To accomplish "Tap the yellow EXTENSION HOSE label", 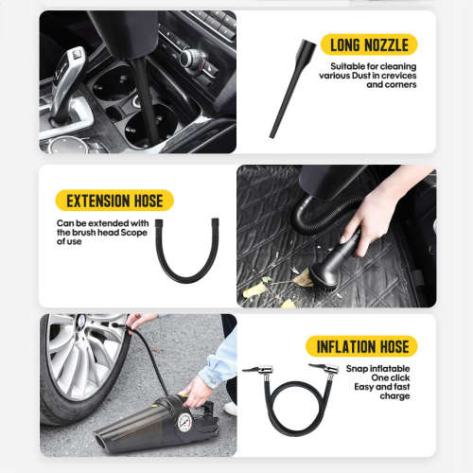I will coord(114,201).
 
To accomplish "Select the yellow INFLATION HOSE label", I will coord(361,345).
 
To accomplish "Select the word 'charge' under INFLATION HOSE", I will coord(394,395).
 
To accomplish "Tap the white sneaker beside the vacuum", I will coord(230,408).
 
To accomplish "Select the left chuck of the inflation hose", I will coord(256,370).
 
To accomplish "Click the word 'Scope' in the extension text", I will coord(136,232).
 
